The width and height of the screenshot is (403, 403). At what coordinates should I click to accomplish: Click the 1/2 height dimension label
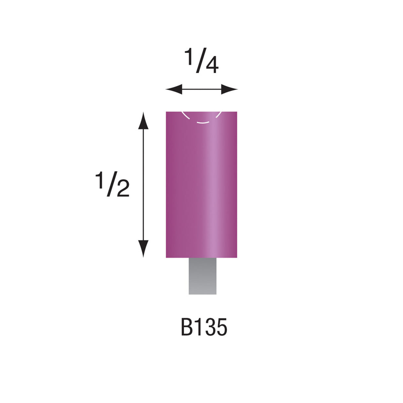point(112,185)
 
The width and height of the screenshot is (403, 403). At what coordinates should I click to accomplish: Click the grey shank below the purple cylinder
point(202,276)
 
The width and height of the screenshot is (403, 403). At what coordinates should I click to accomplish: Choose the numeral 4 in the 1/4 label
point(211,66)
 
